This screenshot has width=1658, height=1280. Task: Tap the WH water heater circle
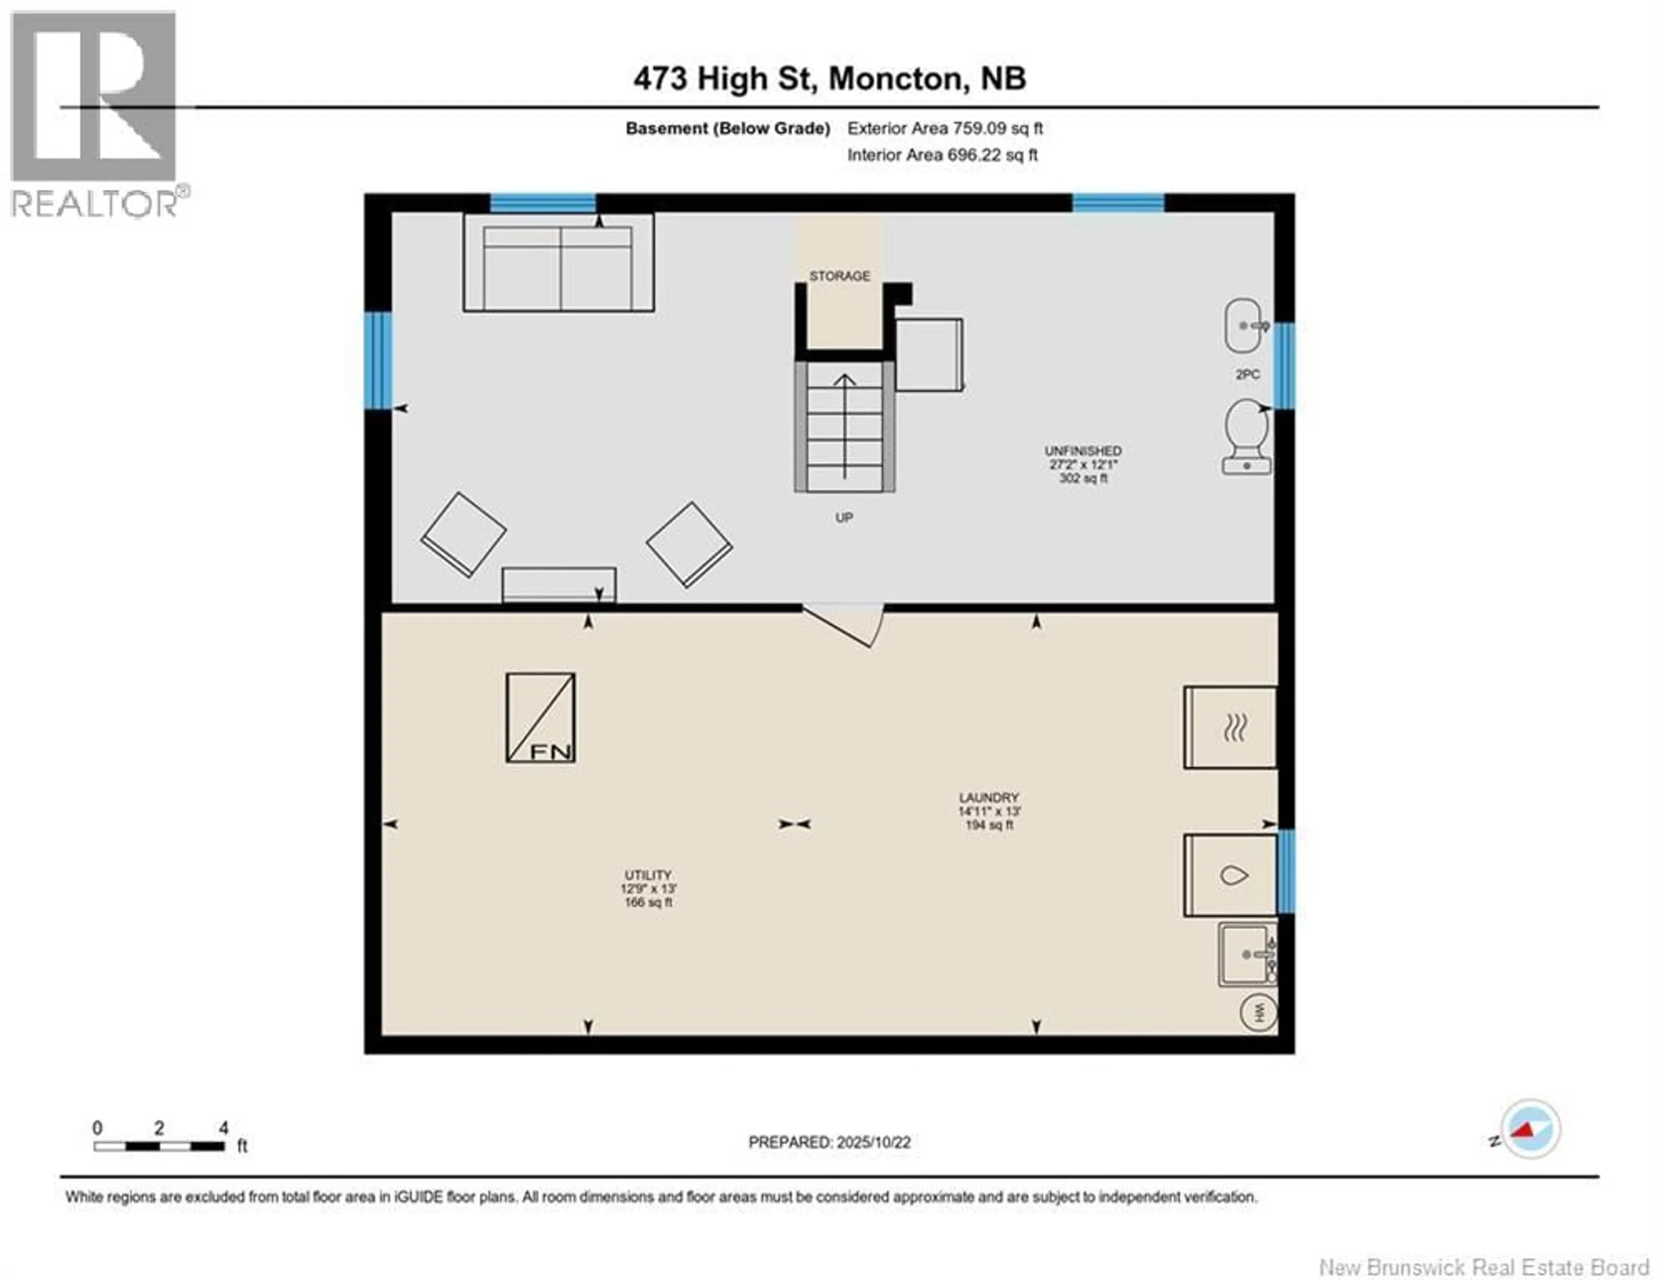pyautogui.click(x=1258, y=1013)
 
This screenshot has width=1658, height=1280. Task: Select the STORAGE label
pyautogui.click(x=840, y=276)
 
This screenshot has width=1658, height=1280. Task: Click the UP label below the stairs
pyautogui.click(x=844, y=518)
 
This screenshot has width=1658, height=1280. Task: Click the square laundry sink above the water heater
pyautogui.click(x=1247, y=954)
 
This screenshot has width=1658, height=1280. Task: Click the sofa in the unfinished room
pyautogui.click(x=559, y=263)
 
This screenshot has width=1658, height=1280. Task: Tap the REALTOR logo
pyautogui.click(x=95, y=114)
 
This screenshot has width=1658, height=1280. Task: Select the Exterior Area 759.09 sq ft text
pyautogui.click(x=945, y=128)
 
